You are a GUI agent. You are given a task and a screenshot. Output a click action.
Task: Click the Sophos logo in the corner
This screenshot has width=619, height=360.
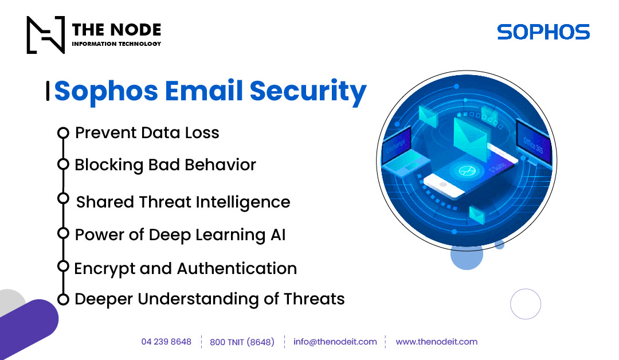point(543,32)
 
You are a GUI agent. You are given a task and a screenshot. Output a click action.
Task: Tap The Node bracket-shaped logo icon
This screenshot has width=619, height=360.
point(46,34)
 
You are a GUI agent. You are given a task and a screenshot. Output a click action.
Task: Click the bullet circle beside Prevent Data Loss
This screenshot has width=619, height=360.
point(63,133)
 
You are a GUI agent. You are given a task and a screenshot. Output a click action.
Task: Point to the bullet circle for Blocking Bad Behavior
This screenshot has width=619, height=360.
point(63,165)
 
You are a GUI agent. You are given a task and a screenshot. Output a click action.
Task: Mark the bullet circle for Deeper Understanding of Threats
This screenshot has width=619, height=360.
point(63,299)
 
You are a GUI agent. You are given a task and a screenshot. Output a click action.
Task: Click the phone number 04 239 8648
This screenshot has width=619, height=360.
point(166,342)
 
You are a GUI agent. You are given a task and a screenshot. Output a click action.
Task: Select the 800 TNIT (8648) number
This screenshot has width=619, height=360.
point(242,342)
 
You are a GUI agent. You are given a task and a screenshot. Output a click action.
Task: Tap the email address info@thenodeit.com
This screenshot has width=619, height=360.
point(335,342)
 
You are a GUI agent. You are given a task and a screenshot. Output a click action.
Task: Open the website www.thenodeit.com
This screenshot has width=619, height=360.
point(436,342)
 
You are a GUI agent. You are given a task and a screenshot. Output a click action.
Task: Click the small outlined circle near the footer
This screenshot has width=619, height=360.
point(525,304)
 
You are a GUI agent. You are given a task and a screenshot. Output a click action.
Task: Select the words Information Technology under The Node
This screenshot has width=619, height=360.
point(116,44)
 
